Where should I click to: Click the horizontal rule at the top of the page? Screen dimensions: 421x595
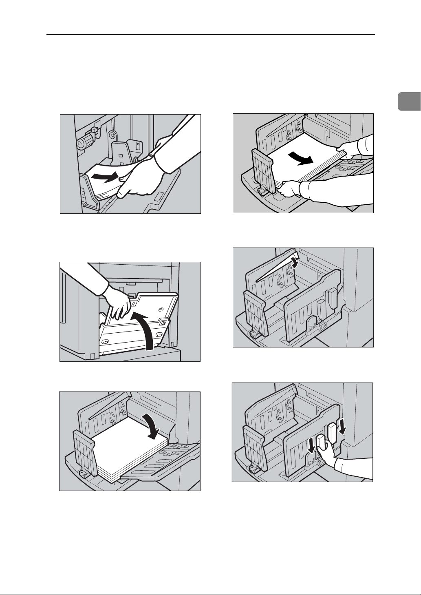tap(210, 35)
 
